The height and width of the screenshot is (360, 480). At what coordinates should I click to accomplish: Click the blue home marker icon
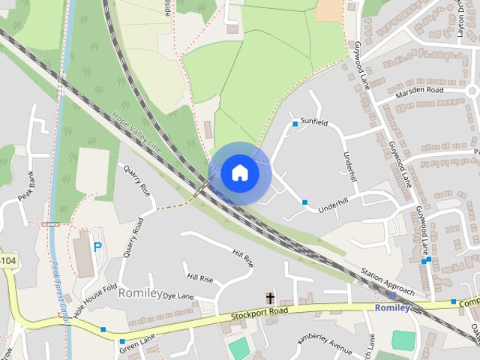[x=239, y=172]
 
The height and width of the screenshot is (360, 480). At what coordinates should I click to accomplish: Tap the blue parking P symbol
[x=97, y=246]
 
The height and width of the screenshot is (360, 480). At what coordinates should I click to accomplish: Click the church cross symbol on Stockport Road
[x=269, y=298]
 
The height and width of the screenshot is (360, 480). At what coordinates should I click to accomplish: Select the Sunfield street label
[x=314, y=121]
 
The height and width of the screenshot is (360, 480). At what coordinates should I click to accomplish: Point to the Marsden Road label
[x=421, y=90]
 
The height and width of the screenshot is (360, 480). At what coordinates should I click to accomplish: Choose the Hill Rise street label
[x=242, y=257]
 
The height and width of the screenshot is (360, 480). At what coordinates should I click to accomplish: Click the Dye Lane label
[x=178, y=296]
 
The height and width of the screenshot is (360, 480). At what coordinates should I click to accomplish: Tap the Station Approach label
[x=387, y=280]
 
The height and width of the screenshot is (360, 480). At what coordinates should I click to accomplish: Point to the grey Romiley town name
[x=140, y=292]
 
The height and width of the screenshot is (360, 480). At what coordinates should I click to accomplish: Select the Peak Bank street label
[x=28, y=189]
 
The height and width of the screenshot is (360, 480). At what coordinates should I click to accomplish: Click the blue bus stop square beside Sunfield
[x=295, y=124]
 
